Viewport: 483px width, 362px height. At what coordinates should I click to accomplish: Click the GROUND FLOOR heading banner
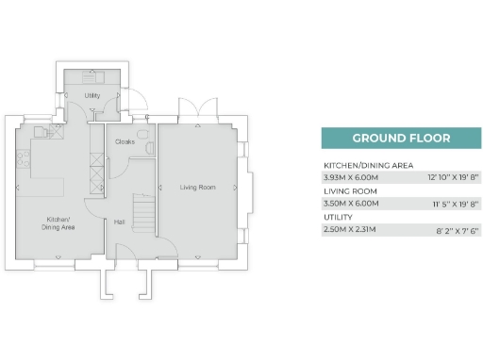pyautogui.click(x=401, y=138)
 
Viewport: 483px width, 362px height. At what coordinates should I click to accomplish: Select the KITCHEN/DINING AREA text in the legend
pyautogui.click(x=368, y=165)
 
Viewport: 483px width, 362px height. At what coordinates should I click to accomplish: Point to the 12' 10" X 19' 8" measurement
pyautogui.click(x=454, y=176)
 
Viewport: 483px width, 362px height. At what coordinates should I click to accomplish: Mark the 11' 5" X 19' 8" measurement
pyautogui.click(x=455, y=203)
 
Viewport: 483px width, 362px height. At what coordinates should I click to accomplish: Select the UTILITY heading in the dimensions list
pyautogui.click(x=338, y=217)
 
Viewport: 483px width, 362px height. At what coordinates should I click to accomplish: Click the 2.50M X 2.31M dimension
pyautogui.click(x=350, y=228)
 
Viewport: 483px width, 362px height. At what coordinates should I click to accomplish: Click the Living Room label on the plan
pyautogui.click(x=198, y=188)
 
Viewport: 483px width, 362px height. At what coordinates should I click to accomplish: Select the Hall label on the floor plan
pyautogui.click(x=120, y=222)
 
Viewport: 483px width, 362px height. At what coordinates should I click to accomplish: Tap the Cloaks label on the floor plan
pyautogui.click(x=124, y=141)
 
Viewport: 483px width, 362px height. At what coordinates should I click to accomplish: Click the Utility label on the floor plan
pyautogui.click(x=92, y=96)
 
